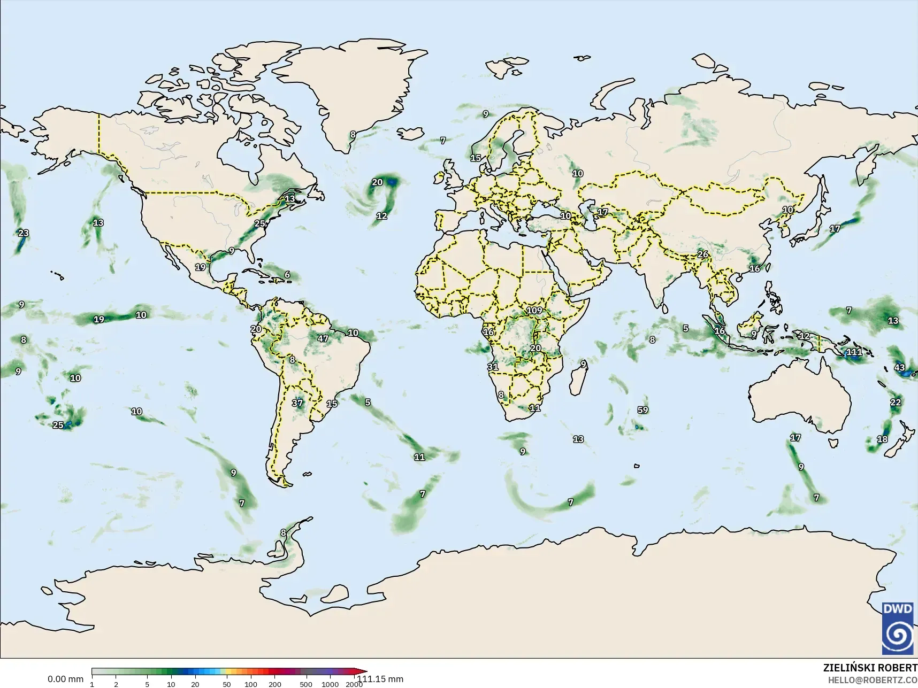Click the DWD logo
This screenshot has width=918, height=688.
tap(899, 628)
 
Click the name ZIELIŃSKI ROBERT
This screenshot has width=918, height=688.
tap(870, 668)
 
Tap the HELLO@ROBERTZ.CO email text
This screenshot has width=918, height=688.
tap(873, 680)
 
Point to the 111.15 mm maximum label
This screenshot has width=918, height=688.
tap(380, 679)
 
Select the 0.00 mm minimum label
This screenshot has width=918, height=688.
tap(65, 679)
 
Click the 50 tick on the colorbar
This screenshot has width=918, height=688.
tap(227, 684)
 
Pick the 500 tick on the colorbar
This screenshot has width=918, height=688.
tap(305, 684)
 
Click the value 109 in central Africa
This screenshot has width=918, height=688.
tap(534, 311)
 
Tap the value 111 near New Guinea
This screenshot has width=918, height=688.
tap(854, 352)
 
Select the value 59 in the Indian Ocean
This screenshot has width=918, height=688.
tap(642, 410)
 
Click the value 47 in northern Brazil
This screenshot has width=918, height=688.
tap(323, 338)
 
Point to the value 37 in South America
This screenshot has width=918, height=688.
tap(297, 403)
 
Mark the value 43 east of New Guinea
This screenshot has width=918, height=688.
tap(899, 368)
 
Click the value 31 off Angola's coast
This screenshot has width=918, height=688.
tap(493, 367)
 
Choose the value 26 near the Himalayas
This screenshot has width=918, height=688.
tap(702, 254)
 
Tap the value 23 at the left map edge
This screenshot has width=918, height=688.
tap(24, 233)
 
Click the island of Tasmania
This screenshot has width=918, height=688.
tap(832, 443)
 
